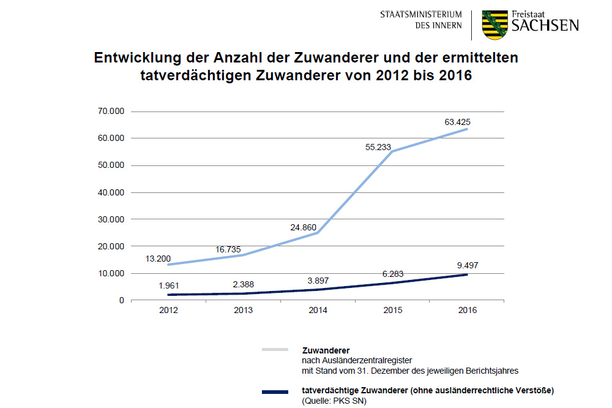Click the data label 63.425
(x=458, y=123)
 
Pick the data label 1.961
(x=168, y=285)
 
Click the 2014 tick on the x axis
(x=318, y=311)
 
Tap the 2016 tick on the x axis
(x=467, y=311)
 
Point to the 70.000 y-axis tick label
(x=111, y=111)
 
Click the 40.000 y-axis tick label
(x=111, y=192)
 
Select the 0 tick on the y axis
(x=121, y=300)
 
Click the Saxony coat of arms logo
(x=494, y=25)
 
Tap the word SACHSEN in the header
(x=545, y=26)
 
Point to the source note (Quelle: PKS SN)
(x=334, y=401)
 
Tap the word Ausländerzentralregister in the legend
(x=351, y=361)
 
